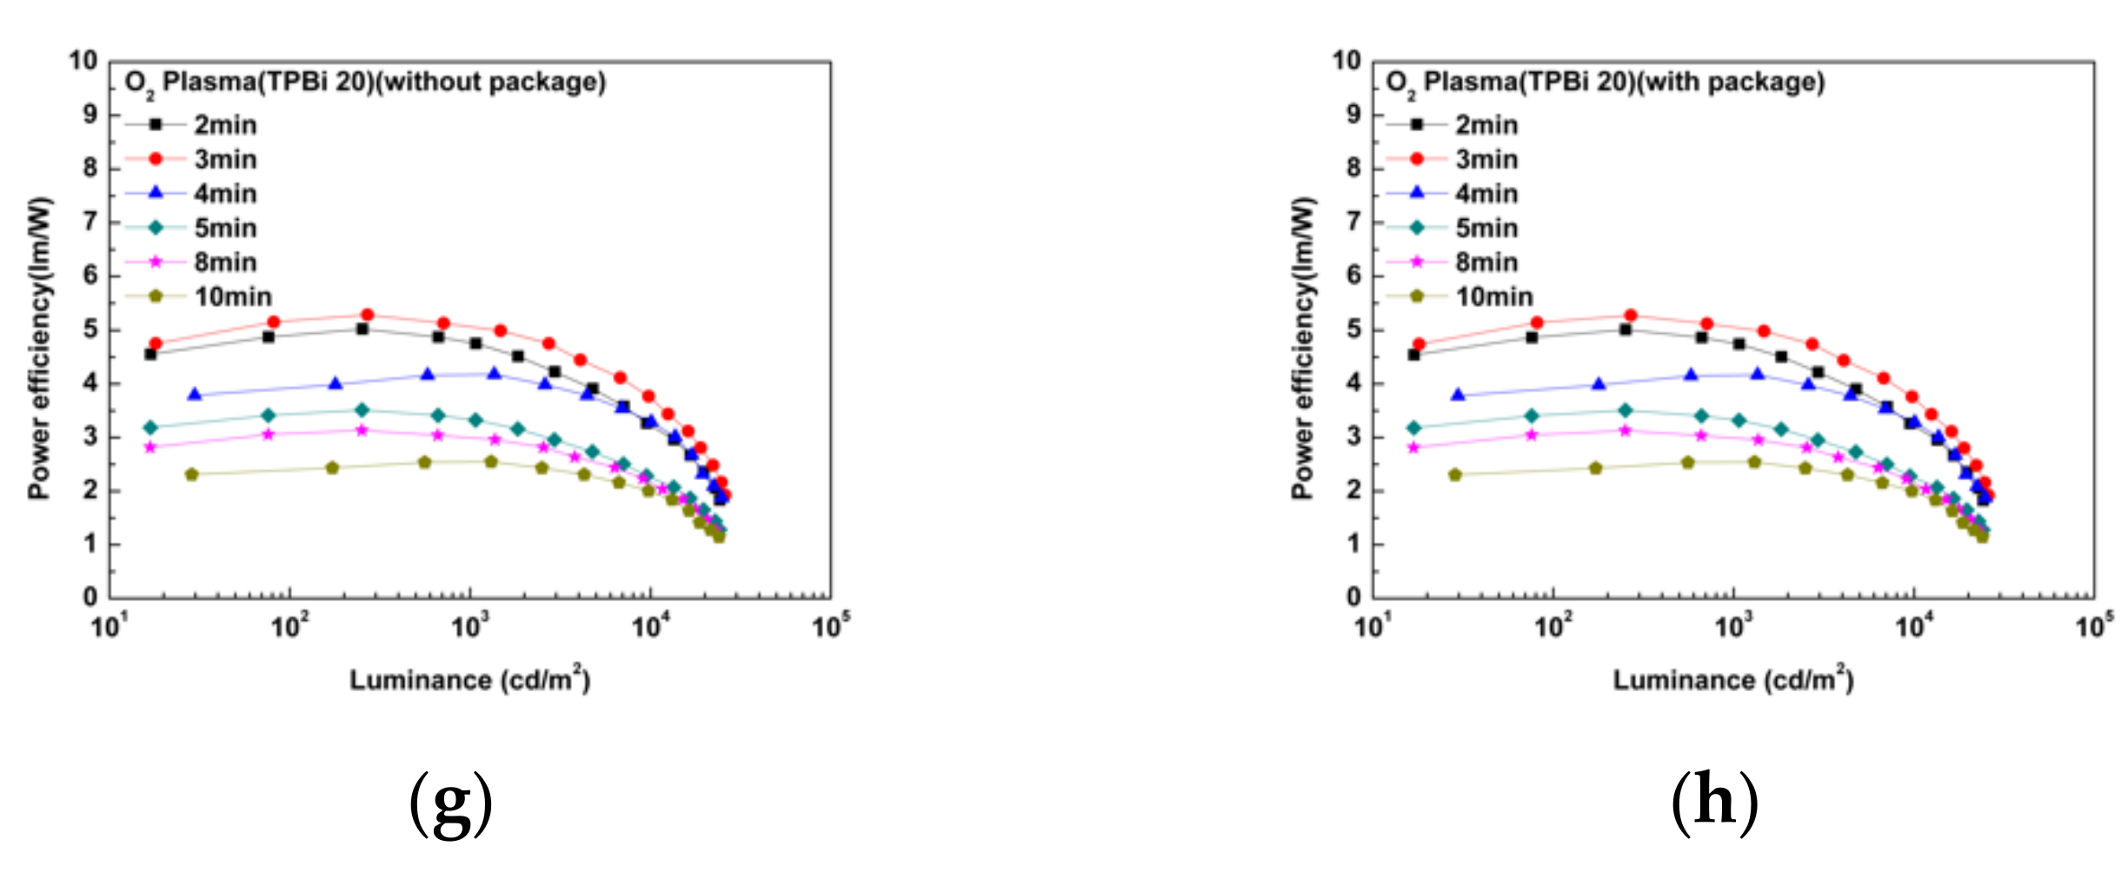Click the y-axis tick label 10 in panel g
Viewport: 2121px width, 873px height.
83,61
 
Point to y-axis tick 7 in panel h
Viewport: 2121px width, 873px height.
1353,222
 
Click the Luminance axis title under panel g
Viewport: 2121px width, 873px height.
469,680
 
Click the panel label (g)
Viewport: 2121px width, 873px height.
450,802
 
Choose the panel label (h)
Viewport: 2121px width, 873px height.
1714,802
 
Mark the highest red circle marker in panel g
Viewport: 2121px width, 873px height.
367,315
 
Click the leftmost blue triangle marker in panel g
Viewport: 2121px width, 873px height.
195,395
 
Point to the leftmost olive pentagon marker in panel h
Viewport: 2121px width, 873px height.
1455,475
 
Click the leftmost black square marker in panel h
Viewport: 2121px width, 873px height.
1413,355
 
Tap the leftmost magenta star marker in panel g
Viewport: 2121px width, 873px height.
150,447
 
